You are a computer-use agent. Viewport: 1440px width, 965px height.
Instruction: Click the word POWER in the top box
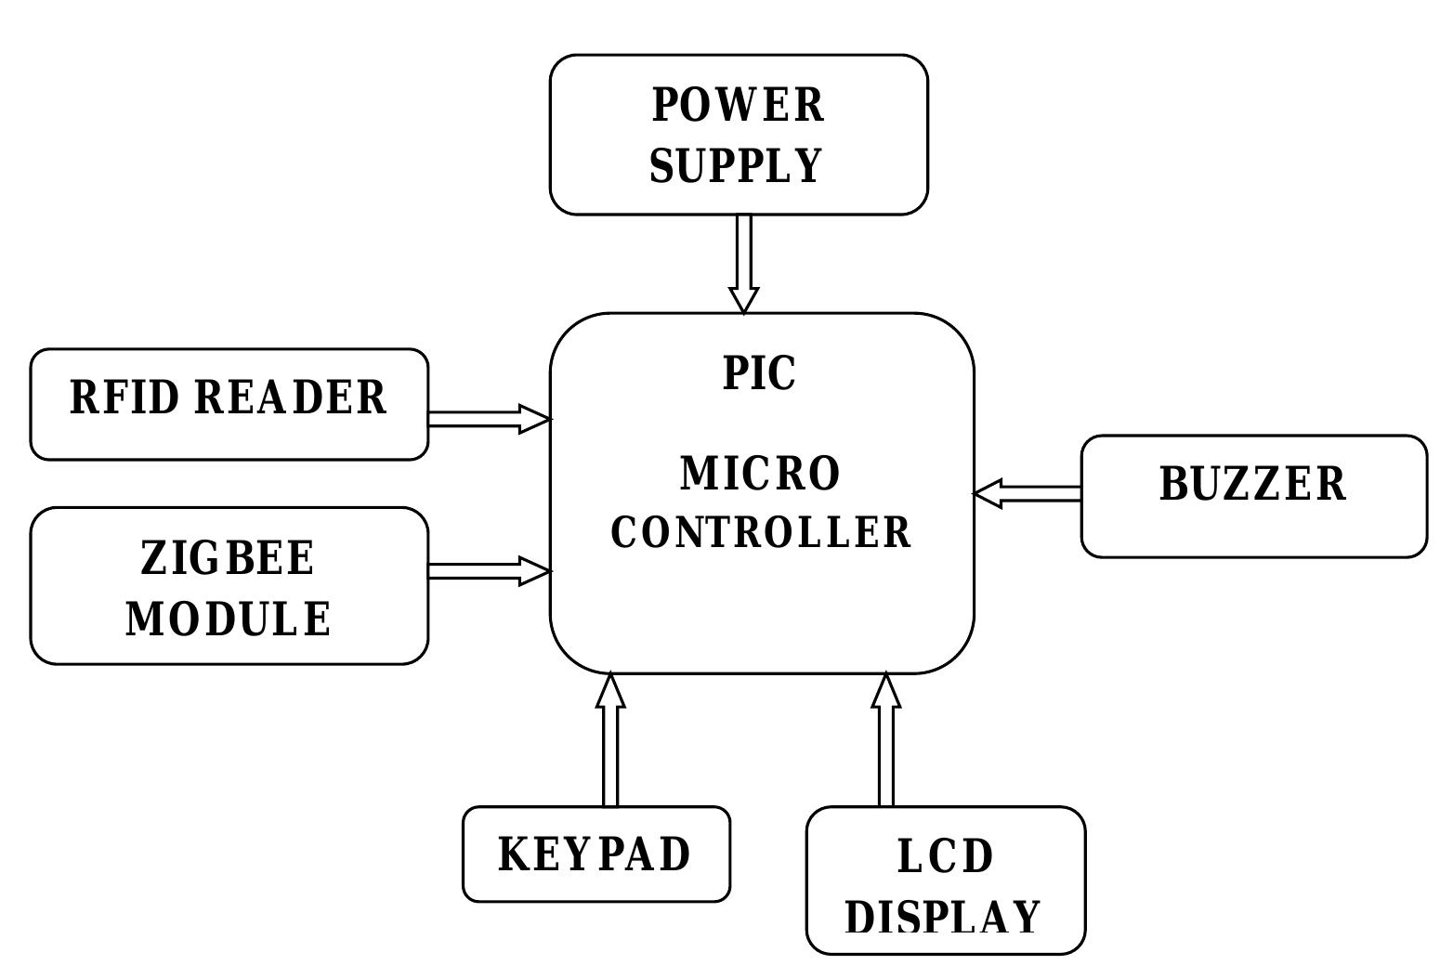click(738, 105)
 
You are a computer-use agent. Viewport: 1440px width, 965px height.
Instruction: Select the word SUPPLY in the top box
click(736, 166)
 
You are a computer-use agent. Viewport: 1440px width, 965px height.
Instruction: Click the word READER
click(291, 398)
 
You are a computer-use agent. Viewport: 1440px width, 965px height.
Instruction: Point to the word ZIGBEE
click(228, 559)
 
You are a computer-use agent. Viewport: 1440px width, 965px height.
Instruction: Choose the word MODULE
click(229, 619)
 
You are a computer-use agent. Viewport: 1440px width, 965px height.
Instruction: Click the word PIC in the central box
click(759, 373)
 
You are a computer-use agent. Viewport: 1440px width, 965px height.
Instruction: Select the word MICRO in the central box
click(761, 474)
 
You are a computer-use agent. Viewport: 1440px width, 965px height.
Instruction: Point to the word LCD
click(946, 856)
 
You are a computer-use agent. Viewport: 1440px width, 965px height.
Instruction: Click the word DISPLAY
click(944, 918)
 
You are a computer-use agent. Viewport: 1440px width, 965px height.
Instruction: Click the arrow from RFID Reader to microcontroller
click(489, 419)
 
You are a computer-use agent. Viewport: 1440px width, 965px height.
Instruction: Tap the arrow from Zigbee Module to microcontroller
click(489, 571)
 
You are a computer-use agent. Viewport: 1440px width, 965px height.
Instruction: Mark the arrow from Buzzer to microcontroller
click(1028, 493)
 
